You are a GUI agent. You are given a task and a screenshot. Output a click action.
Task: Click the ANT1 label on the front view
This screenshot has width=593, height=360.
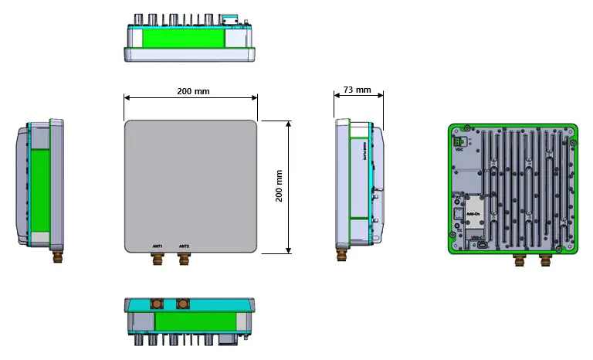click(158, 246)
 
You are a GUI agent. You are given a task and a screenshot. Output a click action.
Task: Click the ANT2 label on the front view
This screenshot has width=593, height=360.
click(184, 246)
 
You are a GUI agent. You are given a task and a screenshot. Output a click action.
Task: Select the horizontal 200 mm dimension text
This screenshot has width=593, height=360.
click(192, 91)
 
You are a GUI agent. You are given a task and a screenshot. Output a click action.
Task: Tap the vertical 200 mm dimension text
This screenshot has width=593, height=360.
click(279, 186)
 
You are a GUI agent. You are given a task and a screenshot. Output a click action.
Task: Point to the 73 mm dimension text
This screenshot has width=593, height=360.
click(357, 90)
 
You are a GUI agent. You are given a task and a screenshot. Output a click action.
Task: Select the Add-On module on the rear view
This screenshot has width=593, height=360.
click(462, 211)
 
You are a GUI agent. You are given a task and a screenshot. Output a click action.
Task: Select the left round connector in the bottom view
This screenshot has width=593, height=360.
click(157, 304)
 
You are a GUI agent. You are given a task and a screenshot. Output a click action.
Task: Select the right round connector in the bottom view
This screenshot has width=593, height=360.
click(183, 304)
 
